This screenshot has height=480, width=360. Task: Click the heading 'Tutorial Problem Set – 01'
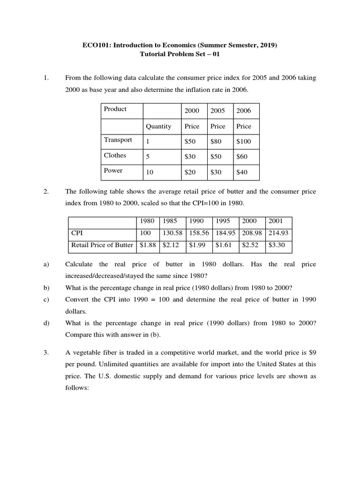pos(180,54)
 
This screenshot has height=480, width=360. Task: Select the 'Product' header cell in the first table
pos(115,109)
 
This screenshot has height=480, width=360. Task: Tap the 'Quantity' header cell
pos(158,126)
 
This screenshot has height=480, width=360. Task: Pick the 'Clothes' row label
pos(115,155)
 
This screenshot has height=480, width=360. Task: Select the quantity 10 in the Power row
pos(150,172)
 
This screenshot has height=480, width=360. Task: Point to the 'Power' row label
pos(113,171)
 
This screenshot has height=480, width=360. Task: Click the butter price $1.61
pos(222,244)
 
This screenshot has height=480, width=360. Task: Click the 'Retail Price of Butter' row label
pos(102,244)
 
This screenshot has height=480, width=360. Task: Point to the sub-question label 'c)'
pos(46,300)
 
